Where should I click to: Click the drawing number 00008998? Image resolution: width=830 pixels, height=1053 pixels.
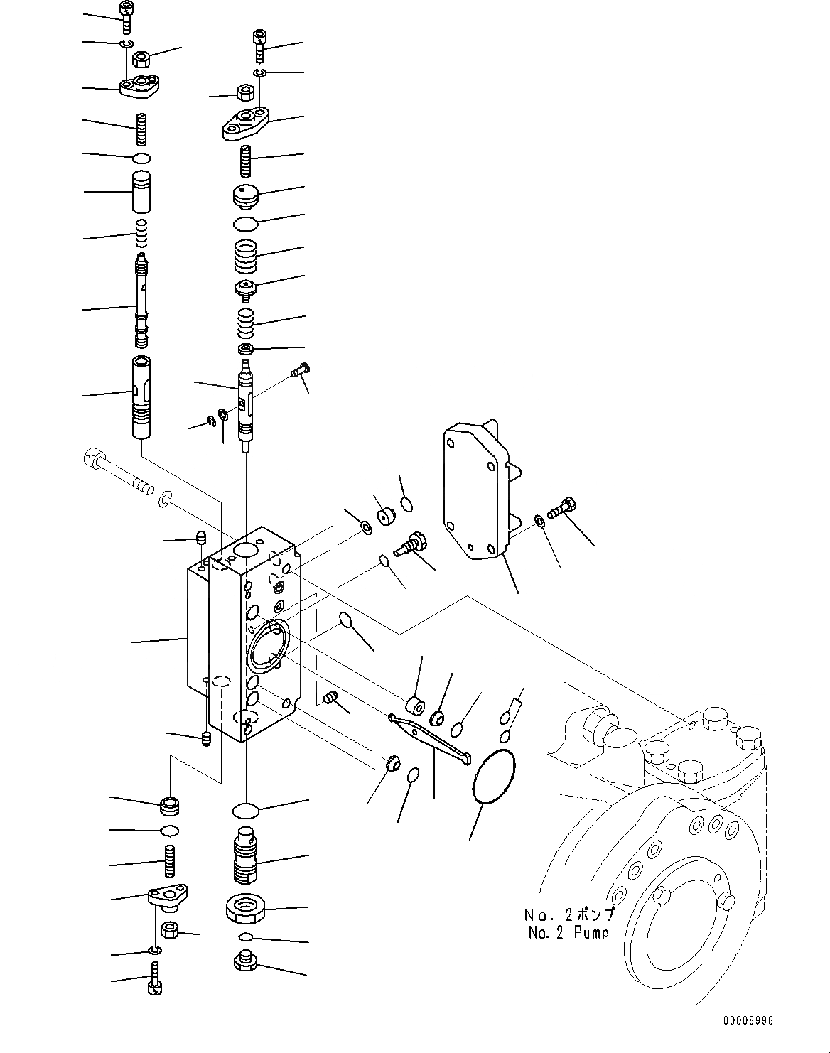748,1021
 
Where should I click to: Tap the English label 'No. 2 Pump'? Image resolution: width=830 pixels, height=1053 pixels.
568,933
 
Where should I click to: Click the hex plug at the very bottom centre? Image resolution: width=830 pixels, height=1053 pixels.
244,961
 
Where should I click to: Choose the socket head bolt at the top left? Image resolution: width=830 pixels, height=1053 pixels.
126,16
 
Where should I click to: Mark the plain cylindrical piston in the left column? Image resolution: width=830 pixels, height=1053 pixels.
142,190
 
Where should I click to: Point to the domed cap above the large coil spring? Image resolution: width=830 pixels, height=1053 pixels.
245,196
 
